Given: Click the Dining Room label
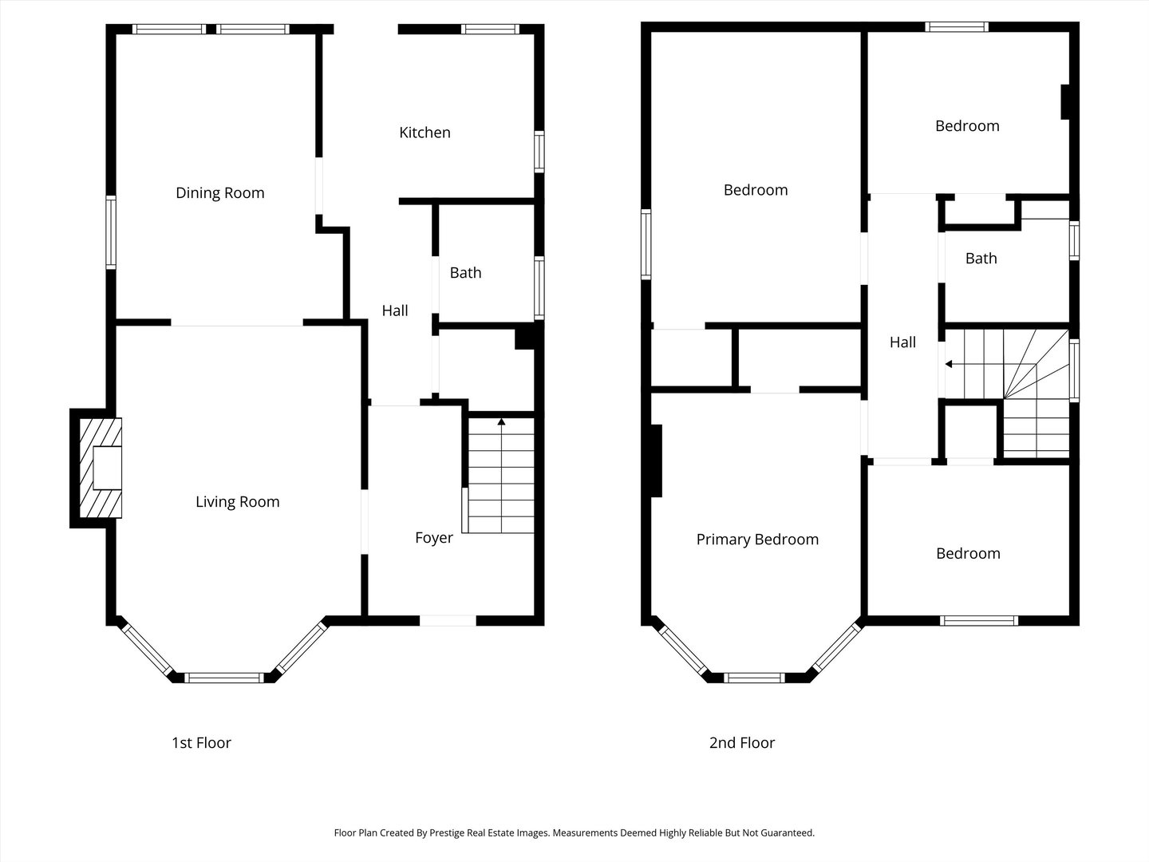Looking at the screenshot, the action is [x=220, y=193].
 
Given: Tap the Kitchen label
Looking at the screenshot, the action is [x=424, y=133].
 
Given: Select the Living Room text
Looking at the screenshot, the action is [x=238, y=502].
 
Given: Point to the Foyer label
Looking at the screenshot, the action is [x=434, y=538].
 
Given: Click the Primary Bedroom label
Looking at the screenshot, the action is [x=757, y=540].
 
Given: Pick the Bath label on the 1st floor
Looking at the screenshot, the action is [x=465, y=273].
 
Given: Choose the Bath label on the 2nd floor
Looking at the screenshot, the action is [x=981, y=259].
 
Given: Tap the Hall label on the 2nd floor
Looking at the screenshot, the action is [x=902, y=342].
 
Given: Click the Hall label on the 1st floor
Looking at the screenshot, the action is [x=395, y=311].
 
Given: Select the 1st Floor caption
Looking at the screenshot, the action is [x=202, y=742].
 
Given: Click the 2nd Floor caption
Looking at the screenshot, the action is [x=742, y=742].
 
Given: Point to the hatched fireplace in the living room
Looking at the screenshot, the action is [x=101, y=468].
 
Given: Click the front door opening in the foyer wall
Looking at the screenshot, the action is [x=448, y=621].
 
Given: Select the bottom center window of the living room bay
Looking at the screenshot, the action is [x=223, y=678].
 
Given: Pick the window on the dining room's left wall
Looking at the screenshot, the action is [x=111, y=232].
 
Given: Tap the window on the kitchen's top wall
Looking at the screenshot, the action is [x=490, y=30].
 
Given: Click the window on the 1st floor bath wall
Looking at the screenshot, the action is [x=539, y=288].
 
